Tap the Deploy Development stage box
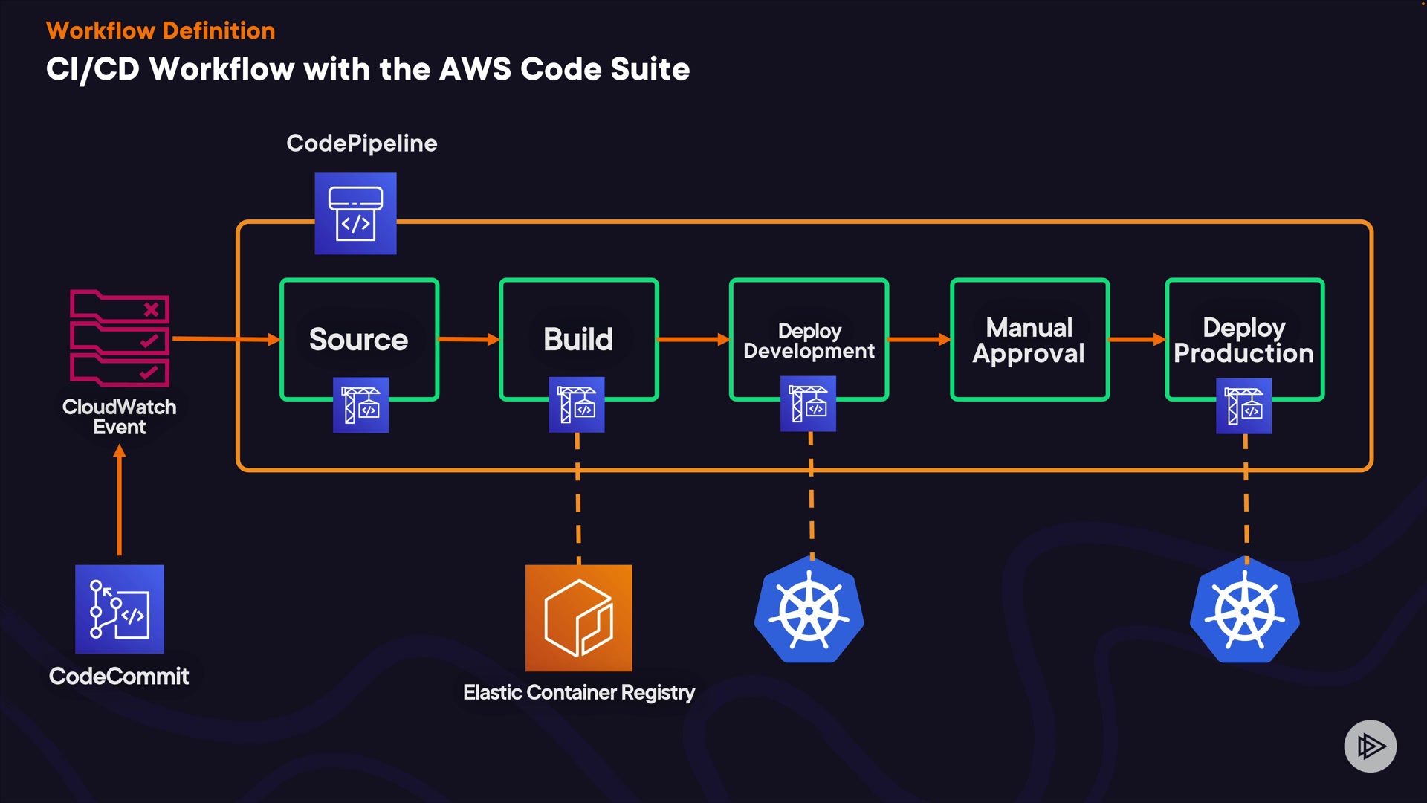[x=809, y=340]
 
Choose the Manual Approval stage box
[x=1029, y=340]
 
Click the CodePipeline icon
[x=355, y=214]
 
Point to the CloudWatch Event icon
[x=120, y=338]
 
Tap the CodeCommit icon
[x=120, y=609]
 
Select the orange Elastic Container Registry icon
[x=578, y=618]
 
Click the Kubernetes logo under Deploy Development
[x=809, y=610]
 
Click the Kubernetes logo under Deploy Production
[x=1245, y=610]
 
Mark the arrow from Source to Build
[x=469, y=339]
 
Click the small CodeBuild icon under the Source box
[x=360, y=405]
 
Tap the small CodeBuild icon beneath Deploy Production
[x=1243, y=406]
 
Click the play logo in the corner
[x=1370, y=746]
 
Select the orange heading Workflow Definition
[x=161, y=30]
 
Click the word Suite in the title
[x=650, y=69]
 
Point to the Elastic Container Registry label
[x=579, y=692]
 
